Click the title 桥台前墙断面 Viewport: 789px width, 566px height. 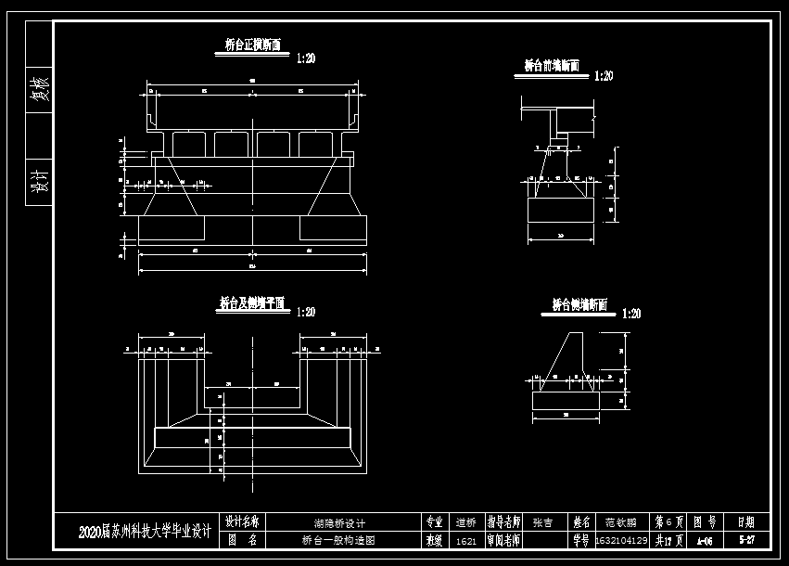click(x=552, y=66)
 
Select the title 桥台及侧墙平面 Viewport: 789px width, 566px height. click(x=251, y=302)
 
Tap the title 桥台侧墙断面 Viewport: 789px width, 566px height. click(x=579, y=303)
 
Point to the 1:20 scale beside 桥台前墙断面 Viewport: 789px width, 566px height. click(x=604, y=76)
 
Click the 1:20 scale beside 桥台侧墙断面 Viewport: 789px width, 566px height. click(x=631, y=314)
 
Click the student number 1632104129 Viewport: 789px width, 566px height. click(x=620, y=540)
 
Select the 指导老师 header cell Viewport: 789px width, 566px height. click(x=503, y=522)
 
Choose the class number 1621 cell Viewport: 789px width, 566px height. click(x=466, y=540)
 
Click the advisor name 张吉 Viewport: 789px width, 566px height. click(x=542, y=522)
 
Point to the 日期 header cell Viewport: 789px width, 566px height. click(x=745, y=522)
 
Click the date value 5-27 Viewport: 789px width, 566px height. click(x=745, y=539)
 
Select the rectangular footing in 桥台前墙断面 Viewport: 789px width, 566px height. click(x=561, y=210)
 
